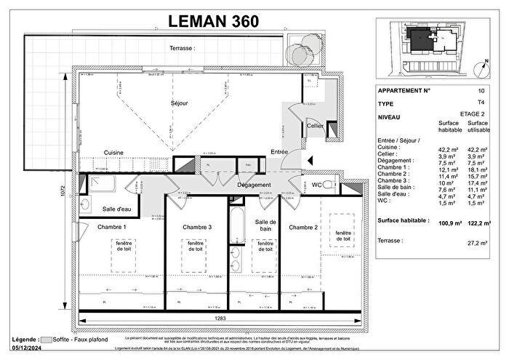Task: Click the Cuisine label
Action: pyautogui.click(x=113, y=152)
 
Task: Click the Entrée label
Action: pyautogui.click(x=279, y=151)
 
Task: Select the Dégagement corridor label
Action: pyautogui.click(x=254, y=185)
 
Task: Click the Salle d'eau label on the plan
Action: pyautogui.click(x=116, y=209)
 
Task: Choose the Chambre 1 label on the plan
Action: pyautogui.click(x=112, y=227)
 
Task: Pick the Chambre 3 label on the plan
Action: pyautogui.click(x=196, y=227)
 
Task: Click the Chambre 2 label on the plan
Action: pyautogui.click(x=303, y=227)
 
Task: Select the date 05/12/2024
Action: pyautogui.click(x=28, y=352)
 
